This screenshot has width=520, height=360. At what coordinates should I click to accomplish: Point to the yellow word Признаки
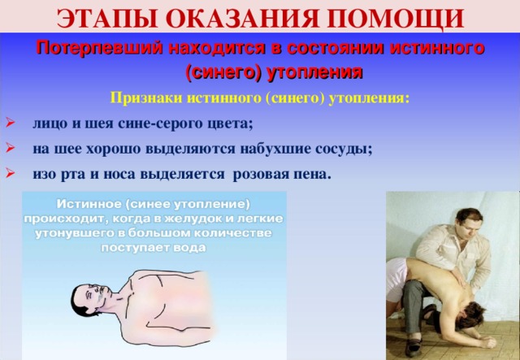tap(143, 98)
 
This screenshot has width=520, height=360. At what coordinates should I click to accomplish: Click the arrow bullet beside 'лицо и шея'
tap(9, 124)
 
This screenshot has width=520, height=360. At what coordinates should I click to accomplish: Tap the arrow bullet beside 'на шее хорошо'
tap(9, 149)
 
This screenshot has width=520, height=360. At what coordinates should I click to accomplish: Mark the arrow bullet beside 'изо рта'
tap(9, 174)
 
